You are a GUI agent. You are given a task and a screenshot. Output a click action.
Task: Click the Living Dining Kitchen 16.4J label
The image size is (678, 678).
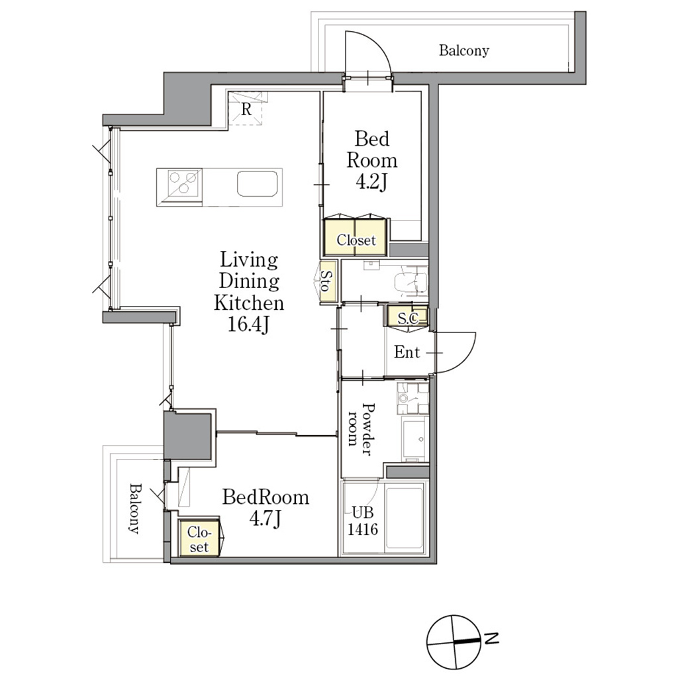249,292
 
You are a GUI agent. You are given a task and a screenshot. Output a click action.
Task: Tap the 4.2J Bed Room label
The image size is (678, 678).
371,160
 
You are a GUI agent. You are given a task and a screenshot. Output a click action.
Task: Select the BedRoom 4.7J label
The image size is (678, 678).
266,508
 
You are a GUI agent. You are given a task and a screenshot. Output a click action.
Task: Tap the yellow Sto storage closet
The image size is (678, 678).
328,281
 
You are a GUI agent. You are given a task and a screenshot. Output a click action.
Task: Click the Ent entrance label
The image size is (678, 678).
407,352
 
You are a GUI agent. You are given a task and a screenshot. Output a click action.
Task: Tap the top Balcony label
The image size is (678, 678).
464,50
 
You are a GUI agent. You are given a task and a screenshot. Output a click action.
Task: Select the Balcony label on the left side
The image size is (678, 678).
135,508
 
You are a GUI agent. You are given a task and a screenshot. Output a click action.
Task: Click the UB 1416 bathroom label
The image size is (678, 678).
363,520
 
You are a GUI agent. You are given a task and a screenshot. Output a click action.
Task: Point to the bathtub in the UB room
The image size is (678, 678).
404,517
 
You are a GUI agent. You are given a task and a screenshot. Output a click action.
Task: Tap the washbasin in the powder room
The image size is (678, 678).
415,438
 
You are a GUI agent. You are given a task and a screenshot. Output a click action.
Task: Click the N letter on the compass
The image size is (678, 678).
492,638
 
